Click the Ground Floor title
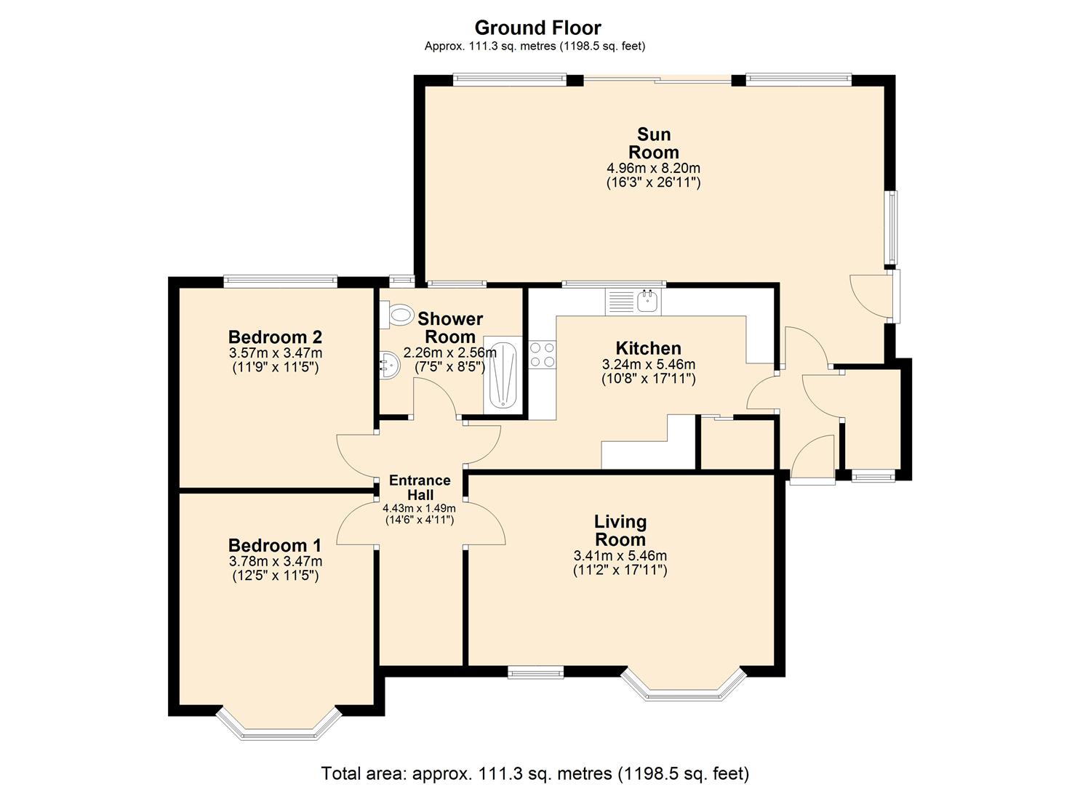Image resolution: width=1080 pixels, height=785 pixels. (x=537, y=28)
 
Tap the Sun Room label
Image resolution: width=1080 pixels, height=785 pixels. (x=653, y=143)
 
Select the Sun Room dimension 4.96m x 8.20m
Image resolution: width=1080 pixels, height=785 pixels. (x=653, y=168)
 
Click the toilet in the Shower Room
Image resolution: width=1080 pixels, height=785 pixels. (x=399, y=314)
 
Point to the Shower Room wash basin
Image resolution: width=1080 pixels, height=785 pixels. (x=388, y=363)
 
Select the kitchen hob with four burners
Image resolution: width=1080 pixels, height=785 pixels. (x=542, y=354)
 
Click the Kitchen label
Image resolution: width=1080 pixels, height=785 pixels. (x=648, y=347)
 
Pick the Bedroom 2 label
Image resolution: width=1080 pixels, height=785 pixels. (x=275, y=337)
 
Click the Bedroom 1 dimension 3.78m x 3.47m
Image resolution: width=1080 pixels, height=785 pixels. (x=275, y=561)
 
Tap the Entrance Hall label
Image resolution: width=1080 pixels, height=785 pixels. (x=420, y=487)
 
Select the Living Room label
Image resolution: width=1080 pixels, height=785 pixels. (x=620, y=530)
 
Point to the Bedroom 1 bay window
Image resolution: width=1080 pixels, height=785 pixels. (x=279, y=727)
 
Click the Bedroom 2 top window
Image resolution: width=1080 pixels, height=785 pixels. (x=280, y=281)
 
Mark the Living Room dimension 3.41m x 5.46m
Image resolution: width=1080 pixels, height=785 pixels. (x=620, y=556)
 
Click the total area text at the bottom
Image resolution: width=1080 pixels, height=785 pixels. (x=535, y=773)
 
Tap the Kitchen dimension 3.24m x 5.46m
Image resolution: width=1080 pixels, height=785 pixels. (x=648, y=364)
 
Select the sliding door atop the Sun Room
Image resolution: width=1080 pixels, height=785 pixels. (x=657, y=80)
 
